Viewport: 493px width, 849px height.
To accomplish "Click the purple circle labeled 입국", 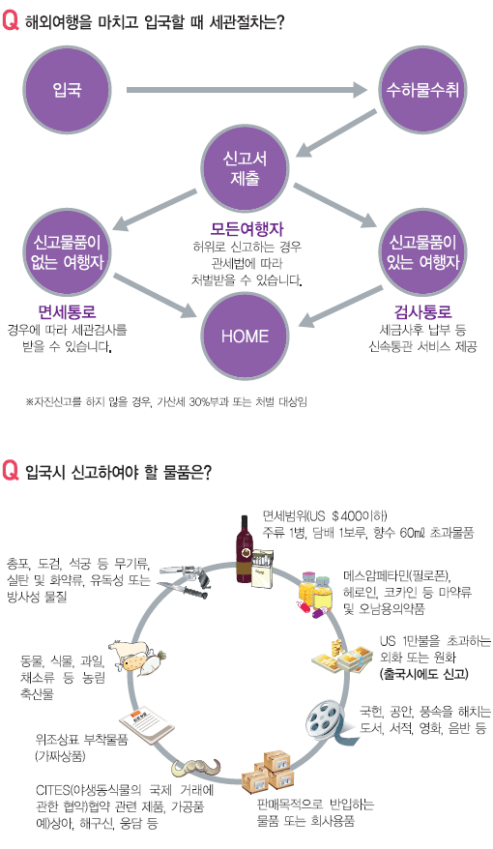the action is coord(67,89).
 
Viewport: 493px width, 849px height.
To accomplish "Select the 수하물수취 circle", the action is coord(422,89).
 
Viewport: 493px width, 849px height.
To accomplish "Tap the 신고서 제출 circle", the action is coord(245,168).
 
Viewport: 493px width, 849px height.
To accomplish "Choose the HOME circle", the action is coord(245,336).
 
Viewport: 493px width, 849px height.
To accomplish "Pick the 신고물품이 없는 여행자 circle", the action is coord(67,252).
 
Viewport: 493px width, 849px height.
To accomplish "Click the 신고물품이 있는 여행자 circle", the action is coord(422,252).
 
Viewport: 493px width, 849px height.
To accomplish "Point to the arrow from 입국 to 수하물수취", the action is coord(246,90).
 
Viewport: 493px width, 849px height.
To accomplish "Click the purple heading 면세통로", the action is coord(67,312).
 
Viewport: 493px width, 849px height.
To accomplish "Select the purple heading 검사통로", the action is coord(422,312).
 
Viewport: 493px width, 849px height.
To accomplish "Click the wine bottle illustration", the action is coord(244,549).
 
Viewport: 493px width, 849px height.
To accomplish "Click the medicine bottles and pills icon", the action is coord(315,593).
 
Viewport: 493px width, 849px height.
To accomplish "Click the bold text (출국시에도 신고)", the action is coord(424,674).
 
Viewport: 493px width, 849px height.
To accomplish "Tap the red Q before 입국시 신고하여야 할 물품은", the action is coord(11,471).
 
